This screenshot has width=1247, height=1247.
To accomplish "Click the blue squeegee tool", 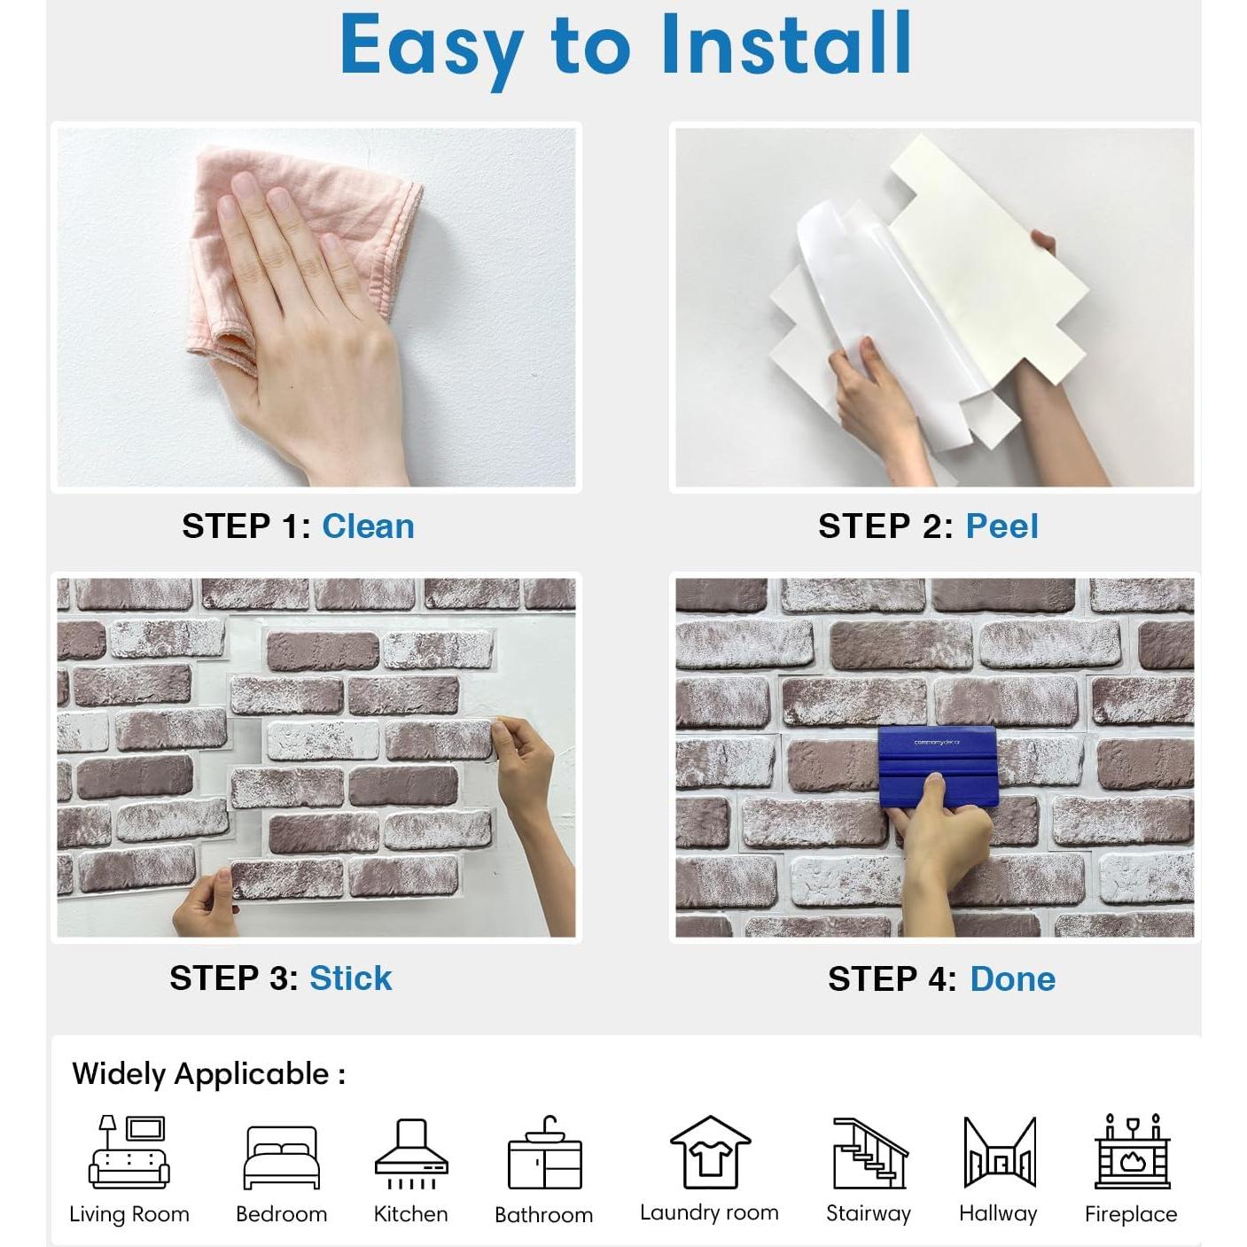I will (937, 762).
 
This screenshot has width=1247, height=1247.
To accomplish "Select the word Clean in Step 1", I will (368, 526).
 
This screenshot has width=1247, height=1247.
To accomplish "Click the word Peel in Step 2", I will (1001, 526).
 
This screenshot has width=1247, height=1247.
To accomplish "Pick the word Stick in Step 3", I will (350, 978).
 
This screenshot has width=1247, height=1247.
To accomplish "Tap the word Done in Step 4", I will (1012, 979).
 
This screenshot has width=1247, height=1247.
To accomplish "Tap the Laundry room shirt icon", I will (709, 1152).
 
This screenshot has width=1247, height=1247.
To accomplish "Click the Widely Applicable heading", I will (208, 1074).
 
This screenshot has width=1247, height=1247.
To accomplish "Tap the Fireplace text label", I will (1131, 1214).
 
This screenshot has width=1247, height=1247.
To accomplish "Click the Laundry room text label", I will (709, 1212).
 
